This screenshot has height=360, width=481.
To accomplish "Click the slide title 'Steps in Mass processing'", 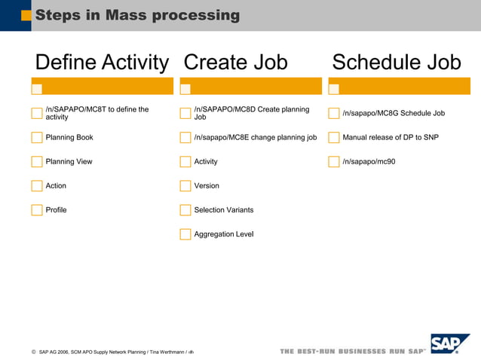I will pos(137,15).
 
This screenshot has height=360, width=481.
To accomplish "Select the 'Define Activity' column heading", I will pos(102,63).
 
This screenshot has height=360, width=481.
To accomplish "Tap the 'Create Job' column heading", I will pos(235,63).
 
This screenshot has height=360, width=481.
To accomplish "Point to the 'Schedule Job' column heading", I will pos(396,63).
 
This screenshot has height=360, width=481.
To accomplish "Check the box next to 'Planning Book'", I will pos(37,138).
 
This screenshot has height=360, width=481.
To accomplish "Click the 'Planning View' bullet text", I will pos(69,162).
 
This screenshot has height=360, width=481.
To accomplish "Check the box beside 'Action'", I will pos(37,186).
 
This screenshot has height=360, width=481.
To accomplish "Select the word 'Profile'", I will pos(56,210).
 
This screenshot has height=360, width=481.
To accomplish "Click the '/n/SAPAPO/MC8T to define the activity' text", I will pos(97,114).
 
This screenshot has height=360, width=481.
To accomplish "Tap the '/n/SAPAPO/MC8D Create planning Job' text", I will pos(251,114).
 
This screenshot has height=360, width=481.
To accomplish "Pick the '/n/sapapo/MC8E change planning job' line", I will pos(255,138).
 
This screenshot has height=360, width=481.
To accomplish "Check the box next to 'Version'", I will pos(185,186).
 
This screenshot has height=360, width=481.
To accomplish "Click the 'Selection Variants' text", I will pos(223,210).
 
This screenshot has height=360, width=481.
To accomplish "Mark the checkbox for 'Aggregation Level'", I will pos(185,234).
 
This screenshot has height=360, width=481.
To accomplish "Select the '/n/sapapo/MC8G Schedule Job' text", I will pos(394,114).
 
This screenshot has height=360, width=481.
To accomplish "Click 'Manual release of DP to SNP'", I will pos(390,138).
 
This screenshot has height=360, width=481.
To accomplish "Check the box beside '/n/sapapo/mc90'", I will pos(334,162).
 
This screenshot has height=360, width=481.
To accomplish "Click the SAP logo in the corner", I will pos(449,343).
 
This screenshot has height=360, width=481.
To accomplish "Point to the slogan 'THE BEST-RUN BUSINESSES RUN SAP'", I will pos(353,352).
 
